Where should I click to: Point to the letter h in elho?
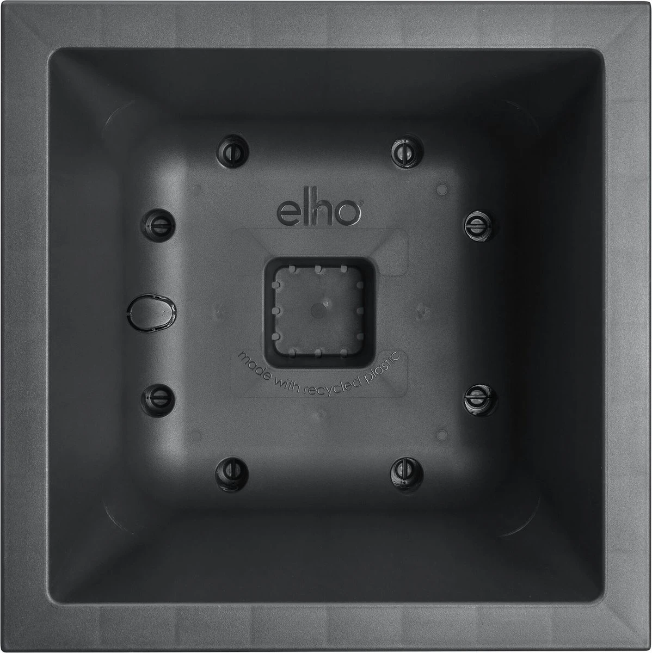tap(322, 211)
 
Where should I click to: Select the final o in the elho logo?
tap(348, 213)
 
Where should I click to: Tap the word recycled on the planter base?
tap(331, 387)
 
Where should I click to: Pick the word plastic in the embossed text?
tap(382, 369)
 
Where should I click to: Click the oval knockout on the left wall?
tap(151, 312)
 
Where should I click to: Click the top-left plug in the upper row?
tap(232, 151)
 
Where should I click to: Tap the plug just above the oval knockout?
tap(159, 224)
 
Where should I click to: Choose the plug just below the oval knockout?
tap(158, 399)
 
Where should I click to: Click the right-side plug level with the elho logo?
tap(479, 225)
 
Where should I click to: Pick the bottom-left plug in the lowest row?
tap(232, 473)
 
